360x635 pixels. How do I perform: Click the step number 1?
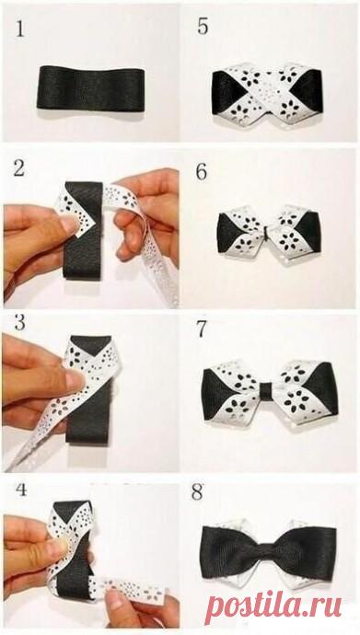[20, 29]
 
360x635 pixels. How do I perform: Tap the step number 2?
[18, 168]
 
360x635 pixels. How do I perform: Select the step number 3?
[20, 323]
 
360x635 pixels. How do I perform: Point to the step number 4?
[21, 490]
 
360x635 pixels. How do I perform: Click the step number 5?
[203, 27]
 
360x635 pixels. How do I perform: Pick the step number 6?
[202, 172]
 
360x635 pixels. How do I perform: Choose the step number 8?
[197, 493]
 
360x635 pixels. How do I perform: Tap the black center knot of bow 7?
[266, 391]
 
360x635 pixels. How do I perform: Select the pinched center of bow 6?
[266, 232]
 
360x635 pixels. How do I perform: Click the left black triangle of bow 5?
[226, 92]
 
